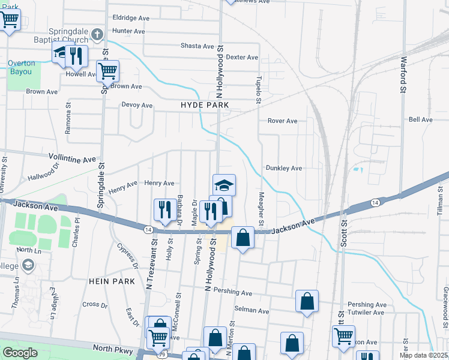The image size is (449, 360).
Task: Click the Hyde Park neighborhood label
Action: coord(205,105)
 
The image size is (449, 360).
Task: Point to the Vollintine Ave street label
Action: coord(72,160)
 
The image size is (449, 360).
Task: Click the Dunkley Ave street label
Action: coord(283,169)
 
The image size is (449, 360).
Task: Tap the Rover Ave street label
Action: coord(282,121)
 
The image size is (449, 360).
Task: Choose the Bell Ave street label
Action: coord(420,120)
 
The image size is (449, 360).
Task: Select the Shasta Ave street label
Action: coord(197,46)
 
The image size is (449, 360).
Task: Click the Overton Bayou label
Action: coord(21,67)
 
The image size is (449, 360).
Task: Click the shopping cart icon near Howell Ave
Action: coord(107,71)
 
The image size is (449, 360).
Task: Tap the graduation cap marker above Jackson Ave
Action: coord(224,184)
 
